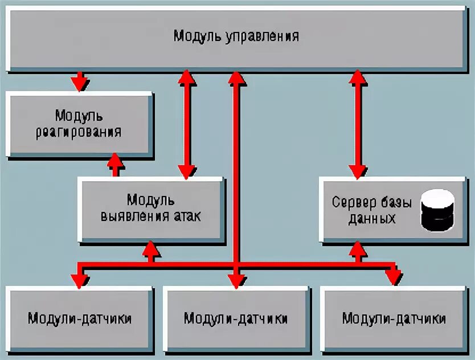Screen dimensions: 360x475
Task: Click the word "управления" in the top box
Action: coord(263,37)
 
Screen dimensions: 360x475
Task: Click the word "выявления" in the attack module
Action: coord(133,216)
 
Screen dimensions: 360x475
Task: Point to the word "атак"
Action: coord(186,216)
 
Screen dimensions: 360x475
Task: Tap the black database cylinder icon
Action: coord(437,210)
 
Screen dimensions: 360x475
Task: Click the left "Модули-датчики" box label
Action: coord(80,318)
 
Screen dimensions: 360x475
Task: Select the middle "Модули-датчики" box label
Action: coord(236,318)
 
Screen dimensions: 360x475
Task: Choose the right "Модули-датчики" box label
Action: coord(394,318)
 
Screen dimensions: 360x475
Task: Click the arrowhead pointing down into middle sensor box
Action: coord(236,279)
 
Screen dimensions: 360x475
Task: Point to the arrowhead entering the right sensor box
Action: coord(393,278)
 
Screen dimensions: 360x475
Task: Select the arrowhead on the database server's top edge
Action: coord(358,171)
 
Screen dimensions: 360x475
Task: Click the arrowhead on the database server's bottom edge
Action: coord(358,248)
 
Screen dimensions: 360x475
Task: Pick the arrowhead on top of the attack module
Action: coord(186,171)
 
